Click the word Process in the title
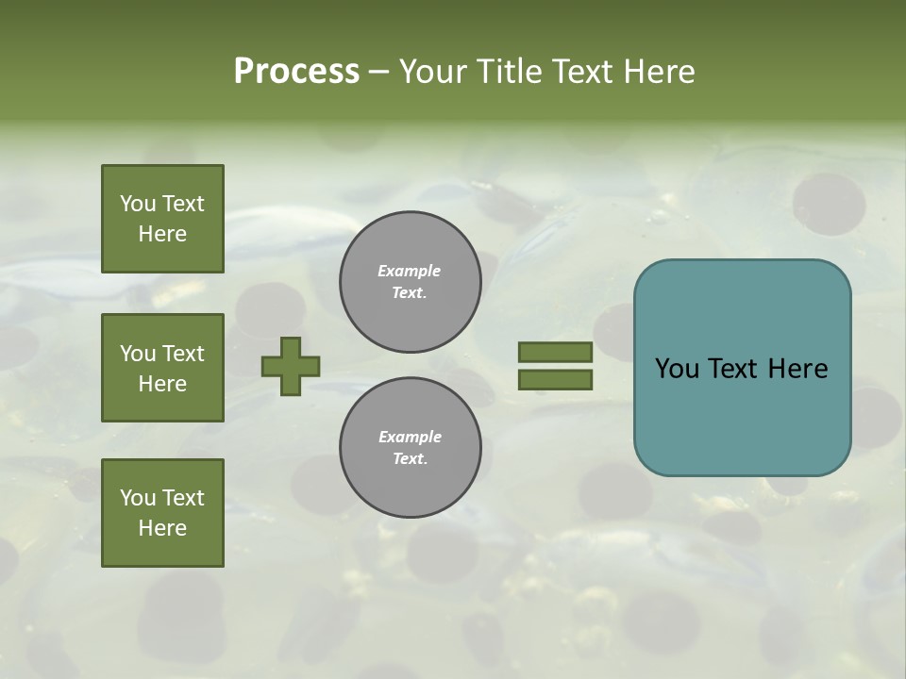[296, 72]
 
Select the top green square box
[162, 219]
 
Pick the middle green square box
[162, 368]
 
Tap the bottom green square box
[162, 513]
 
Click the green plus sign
[291, 366]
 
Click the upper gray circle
[411, 282]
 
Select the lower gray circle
[411, 448]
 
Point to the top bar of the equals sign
[555, 352]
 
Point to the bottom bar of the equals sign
[555, 380]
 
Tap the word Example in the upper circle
[409, 271]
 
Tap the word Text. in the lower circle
[410, 459]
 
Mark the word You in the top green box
[138, 204]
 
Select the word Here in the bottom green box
[162, 528]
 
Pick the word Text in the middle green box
[183, 354]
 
